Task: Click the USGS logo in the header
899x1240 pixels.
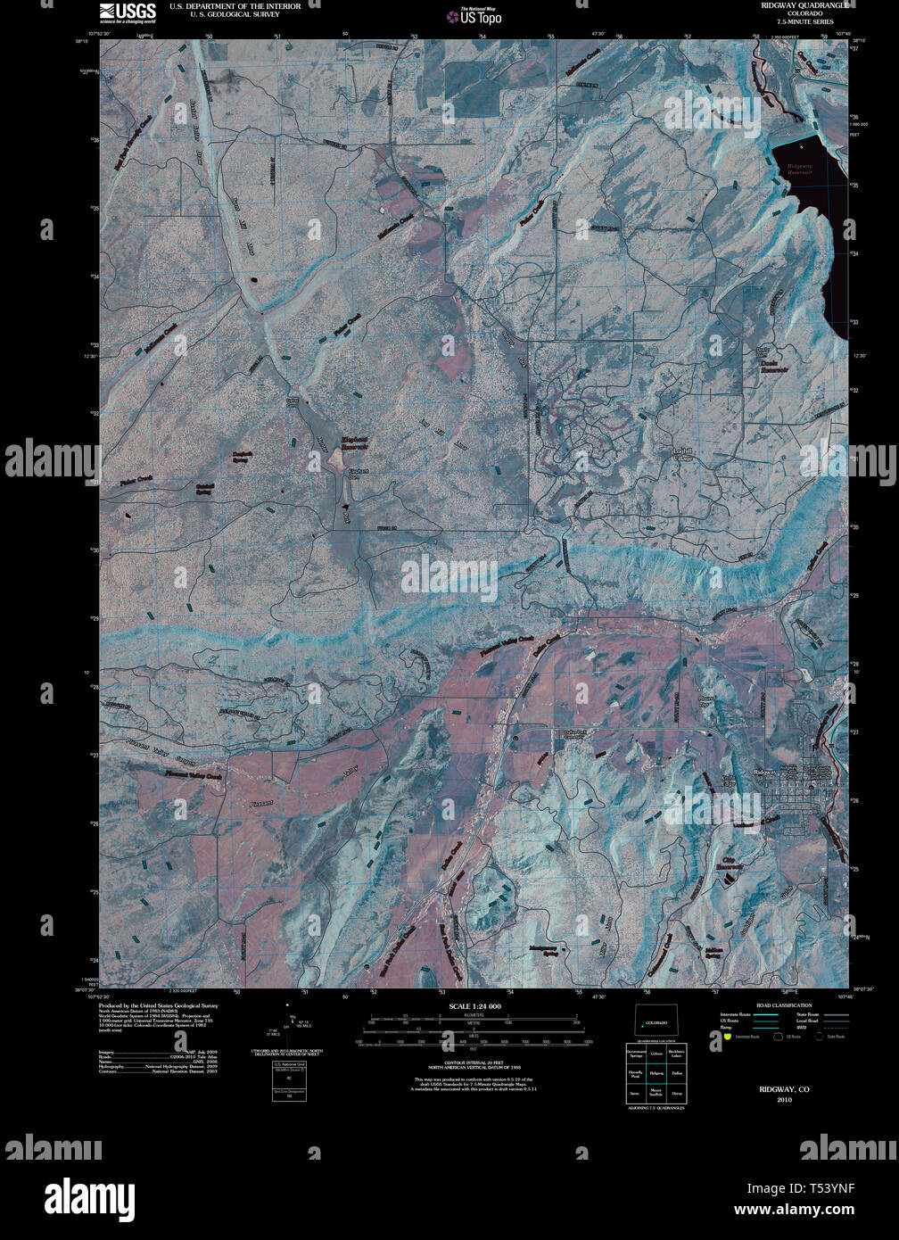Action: tap(127, 12)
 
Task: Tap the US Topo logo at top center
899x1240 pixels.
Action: tap(481, 15)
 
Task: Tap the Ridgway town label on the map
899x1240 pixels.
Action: tap(764, 772)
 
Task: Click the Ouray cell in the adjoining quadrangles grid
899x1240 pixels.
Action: tap(677, 1093)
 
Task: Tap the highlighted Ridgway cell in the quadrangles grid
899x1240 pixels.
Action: tap(656, 1073)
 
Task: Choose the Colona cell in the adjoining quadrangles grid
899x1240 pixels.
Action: tap(656, 1054)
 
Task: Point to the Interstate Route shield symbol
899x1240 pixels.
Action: tap(727, 1037)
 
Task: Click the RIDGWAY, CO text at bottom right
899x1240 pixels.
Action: tap(784, 1090)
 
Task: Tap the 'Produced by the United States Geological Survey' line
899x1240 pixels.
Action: tap(158, 1005)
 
